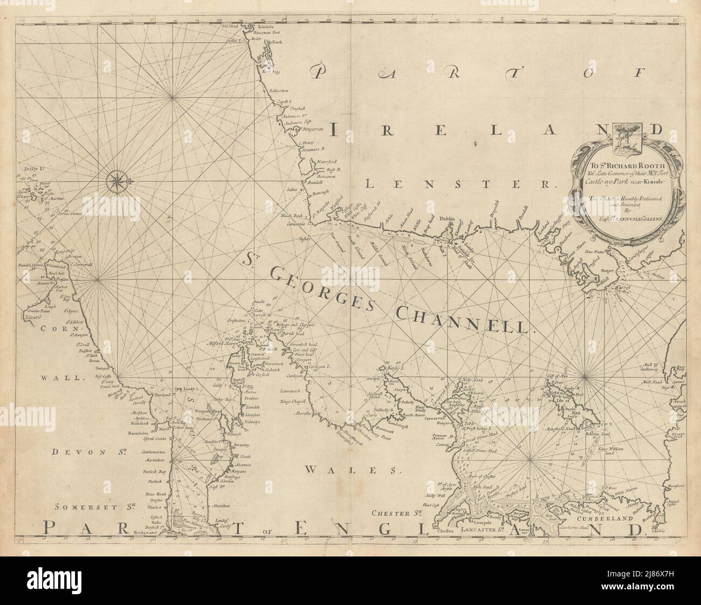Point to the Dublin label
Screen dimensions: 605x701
449,219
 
